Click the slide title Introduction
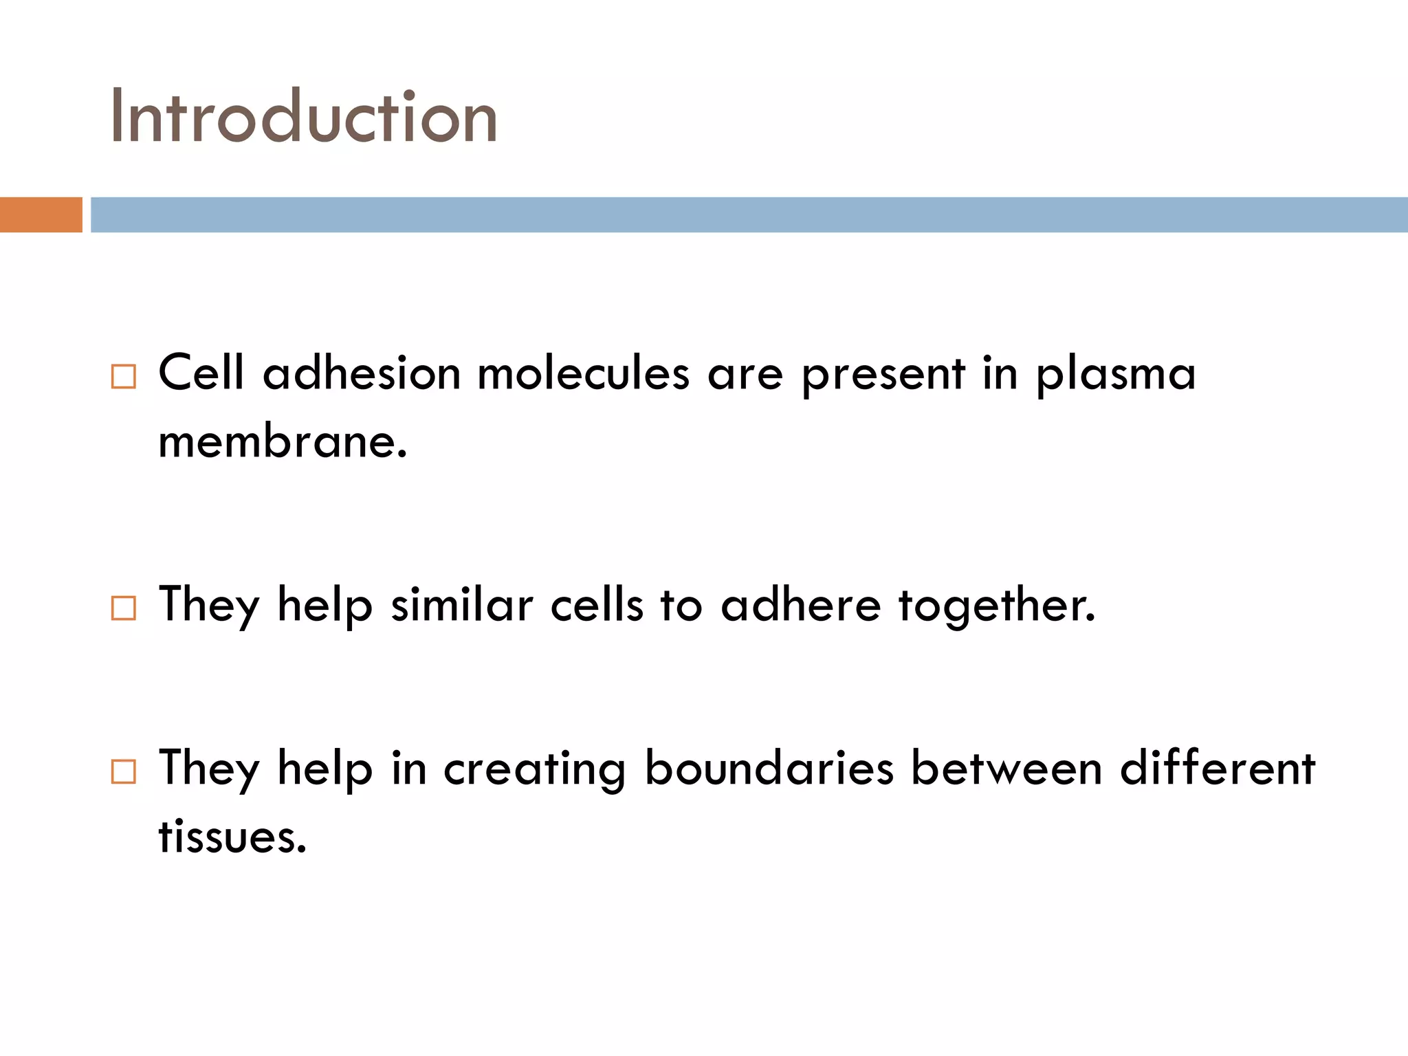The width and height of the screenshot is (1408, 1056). (x=302, y=117)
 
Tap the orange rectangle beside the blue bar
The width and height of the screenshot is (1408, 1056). (x=41, y=214)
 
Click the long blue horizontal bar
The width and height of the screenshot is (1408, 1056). (x=748, y=214)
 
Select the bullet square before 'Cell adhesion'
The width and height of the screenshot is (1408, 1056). (x=124, y=377)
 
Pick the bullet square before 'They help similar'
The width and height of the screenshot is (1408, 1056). (x=124, y=608)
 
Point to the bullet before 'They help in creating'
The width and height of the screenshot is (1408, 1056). (x=124, y=771)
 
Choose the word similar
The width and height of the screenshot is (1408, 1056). (x=462, y=605)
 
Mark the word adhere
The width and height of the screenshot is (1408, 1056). (x=800, y=605)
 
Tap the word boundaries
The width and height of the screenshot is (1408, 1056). (x=769, y=767)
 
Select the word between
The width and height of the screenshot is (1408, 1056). (x=1006, y=767)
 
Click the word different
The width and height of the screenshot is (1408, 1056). (x=1217, y=767)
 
